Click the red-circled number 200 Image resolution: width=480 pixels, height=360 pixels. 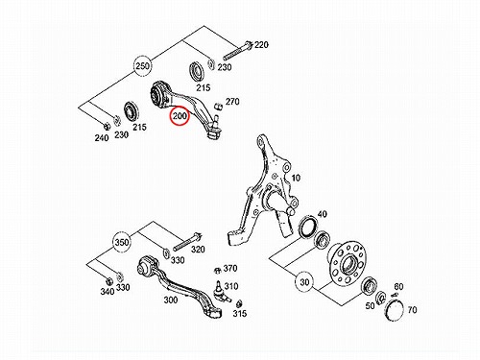point(180,116)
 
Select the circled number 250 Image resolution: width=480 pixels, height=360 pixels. point(142,66)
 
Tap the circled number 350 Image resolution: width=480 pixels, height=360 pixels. point(122,242)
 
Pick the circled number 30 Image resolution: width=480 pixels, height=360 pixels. point(304,282)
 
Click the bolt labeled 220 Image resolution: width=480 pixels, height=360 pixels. point(237,51)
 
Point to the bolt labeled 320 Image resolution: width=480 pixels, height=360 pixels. point(187,243)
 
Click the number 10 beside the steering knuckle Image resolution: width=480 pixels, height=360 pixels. point(296,178)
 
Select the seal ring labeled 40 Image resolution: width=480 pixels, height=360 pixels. point(308,227)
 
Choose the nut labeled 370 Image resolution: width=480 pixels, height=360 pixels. point(217,271)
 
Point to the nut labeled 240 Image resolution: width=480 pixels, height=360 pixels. point(108,126)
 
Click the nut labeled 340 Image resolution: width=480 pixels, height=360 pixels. point(108,280)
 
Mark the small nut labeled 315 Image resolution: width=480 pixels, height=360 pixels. point(238,303)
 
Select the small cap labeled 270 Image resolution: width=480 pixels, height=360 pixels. point(219,106)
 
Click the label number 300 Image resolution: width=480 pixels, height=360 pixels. point(171,300)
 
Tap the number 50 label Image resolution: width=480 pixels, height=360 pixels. point(370,305)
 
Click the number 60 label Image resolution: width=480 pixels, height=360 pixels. point(398,286)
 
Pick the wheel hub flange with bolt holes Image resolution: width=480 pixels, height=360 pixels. point(347,264)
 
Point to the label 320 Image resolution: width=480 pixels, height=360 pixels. point(198,250)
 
